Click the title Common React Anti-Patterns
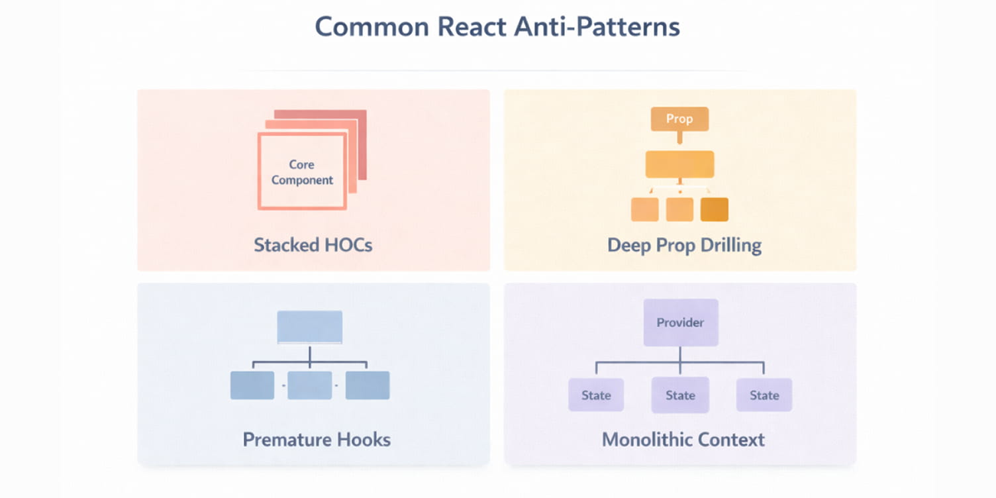point(497,27)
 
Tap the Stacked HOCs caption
point(313,245)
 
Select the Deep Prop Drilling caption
point(684,245)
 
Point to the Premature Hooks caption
point(317,440)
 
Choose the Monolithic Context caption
point(683,440)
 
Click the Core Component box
point(302,172)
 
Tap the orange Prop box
point(679,119)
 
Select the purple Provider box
point(680,323)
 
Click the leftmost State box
point(596,395)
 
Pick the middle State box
point(680,395)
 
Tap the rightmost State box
point(764,395)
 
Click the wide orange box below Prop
point(679,164)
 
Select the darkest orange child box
point(714,209)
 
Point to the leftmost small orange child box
point(644,209)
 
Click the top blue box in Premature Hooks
point(310,326)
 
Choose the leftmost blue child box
point(252,385)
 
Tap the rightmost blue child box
point(368,385)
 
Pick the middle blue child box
point(310,385)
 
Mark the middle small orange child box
point(679,209)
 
